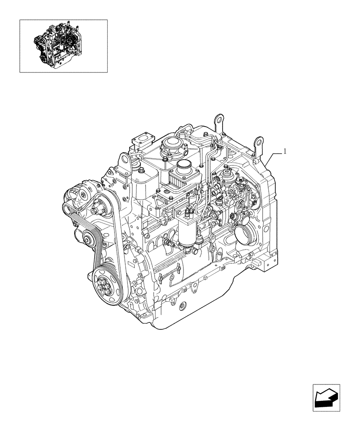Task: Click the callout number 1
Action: pos(285,151)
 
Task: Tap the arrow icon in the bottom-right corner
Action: pos(326,398)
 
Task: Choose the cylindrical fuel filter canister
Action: pos(188,235)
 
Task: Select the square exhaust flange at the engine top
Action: pos(141,140)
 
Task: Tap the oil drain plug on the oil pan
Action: pos(182,305)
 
